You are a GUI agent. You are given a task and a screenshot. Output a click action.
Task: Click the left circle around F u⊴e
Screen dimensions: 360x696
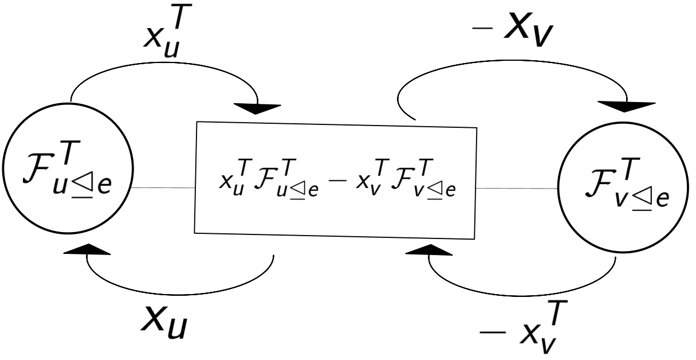[x=68, y=170]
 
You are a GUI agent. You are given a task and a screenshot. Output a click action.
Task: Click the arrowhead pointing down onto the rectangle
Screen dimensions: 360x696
[x=258, y=108]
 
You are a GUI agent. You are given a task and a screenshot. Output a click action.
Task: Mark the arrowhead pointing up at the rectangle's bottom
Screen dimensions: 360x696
[x=429, y=250]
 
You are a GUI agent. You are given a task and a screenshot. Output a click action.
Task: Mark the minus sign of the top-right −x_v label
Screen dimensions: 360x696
[x=479, y=30]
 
